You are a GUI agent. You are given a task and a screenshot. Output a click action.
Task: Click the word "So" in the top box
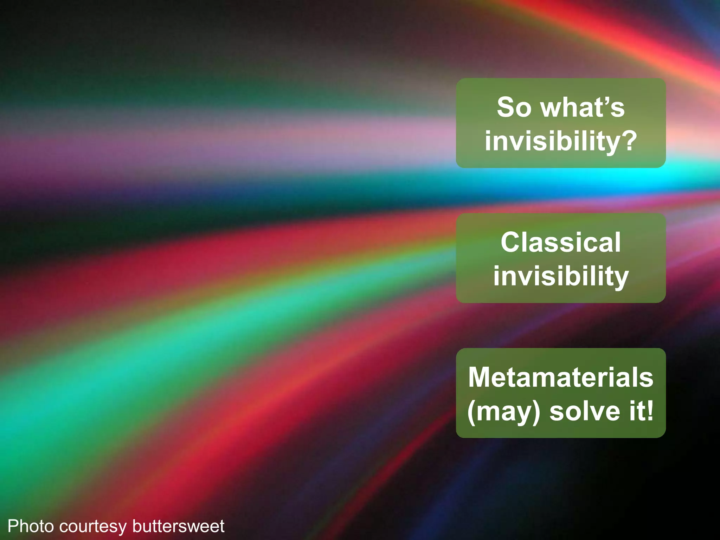[x=514, y=108]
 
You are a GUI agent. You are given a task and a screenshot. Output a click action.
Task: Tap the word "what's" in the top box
[x=583, y=108]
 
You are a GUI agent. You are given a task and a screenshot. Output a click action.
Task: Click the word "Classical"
[x=561, y=242]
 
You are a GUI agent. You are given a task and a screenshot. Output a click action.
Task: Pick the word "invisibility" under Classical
[x=561, y=276]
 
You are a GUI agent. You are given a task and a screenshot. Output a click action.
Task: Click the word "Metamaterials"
[x=561, y=377]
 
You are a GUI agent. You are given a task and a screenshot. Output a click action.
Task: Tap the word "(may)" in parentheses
[x=503, y=412]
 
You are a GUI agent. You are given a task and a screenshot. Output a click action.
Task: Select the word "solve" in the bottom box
[x=585, y=411]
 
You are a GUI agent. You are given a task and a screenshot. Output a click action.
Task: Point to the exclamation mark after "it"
[x=649, y=411]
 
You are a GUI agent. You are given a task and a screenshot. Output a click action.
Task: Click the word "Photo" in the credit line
[x=31, y=526]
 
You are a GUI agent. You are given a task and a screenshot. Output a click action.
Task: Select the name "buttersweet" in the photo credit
[x=178, y=526]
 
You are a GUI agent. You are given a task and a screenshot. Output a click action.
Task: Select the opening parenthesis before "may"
[x=471, y=412]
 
